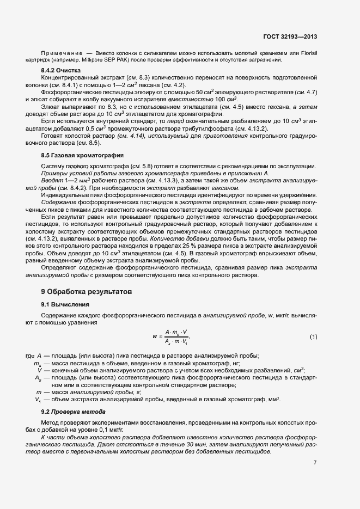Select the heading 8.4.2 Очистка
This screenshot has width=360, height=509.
point(61,71)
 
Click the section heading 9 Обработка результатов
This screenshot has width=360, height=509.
point(86,292)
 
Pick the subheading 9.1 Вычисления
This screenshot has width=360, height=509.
point(66,304)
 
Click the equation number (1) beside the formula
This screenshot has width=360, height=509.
point(313,337)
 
